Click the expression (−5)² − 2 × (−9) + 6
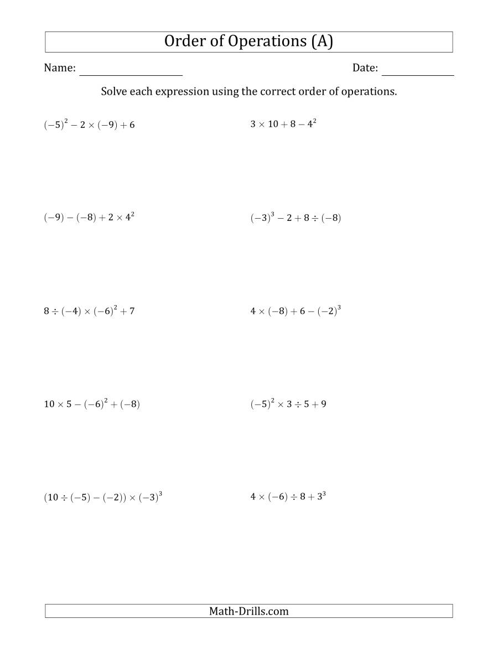click(x=89, y=125)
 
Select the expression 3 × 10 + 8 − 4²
click(x=283, y=124)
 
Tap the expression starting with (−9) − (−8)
click(x=89, y=218)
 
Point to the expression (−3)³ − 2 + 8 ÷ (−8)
click(x=295, y=218)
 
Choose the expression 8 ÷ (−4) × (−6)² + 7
click(x=89, y=311)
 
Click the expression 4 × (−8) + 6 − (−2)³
click(x=295, y=311)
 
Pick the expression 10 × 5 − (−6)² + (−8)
click(x=92, y=404)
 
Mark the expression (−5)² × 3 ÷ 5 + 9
click(x=288, y=404)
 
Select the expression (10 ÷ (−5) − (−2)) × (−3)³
click(x=103, y=497)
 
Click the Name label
click(x=60, y=68)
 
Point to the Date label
click(x=365, y=68)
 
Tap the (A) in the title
click(x=322, y=42)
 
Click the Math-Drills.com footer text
click(x=249, y=611)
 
